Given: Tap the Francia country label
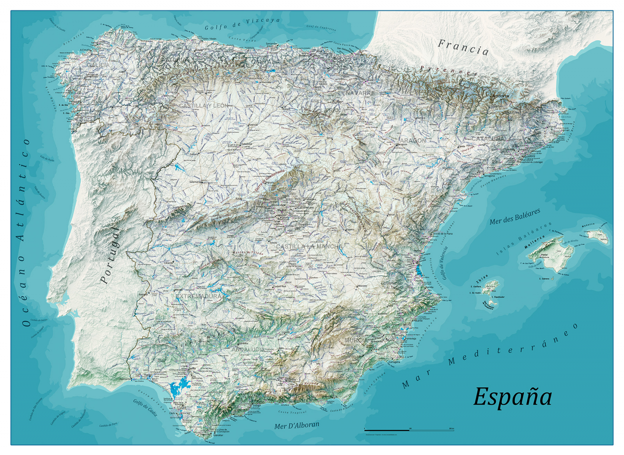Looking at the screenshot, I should pos(463,48).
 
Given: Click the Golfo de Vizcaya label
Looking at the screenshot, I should pos(242,24).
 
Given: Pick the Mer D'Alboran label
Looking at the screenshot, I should pos(296,425).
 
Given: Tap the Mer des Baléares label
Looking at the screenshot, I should pos(515,217).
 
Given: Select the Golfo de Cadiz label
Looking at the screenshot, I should pos(145,407).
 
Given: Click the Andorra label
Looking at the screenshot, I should pos(500,96).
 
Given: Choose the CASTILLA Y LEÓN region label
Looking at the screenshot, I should pos(204,106).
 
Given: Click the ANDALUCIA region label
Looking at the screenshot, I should pos(248,349).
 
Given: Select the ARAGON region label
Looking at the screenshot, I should pos(413,140).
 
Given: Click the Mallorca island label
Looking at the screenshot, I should pos(534,242).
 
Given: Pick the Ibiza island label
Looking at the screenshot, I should pos(482,279).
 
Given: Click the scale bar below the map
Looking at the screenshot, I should pos(409,430).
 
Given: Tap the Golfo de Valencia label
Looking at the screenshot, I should pos(444,263).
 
